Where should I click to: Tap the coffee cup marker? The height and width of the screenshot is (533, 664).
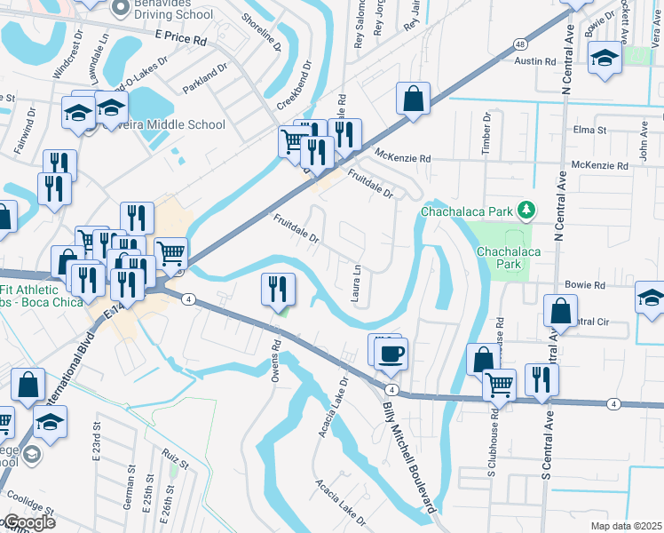pyautogui.click(x=391, y=354)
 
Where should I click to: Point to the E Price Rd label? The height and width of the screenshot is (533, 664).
pyautogui.click(x=180, y=39)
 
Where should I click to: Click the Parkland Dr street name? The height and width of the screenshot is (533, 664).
pyautogui.click(x=205, y=80)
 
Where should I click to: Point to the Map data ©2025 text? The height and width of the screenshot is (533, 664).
pyautogui.click(x=625, y=526)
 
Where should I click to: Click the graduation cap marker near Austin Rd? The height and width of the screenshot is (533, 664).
pyautogui.click(x=605, y=59)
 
